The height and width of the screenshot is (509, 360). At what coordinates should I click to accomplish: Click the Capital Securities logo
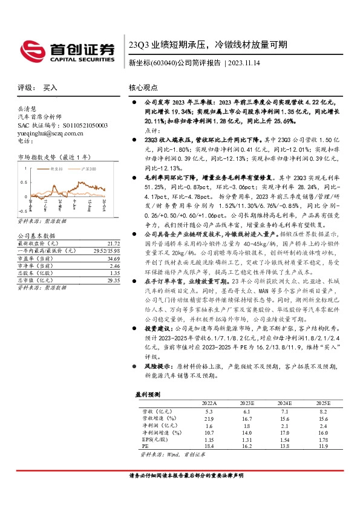pos(67,50)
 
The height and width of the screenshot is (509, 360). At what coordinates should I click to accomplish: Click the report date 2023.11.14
pos(246,63)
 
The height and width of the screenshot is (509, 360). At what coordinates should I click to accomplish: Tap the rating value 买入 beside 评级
pos(50,87)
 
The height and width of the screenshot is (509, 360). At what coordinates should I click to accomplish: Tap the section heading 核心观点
pos(143,87)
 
